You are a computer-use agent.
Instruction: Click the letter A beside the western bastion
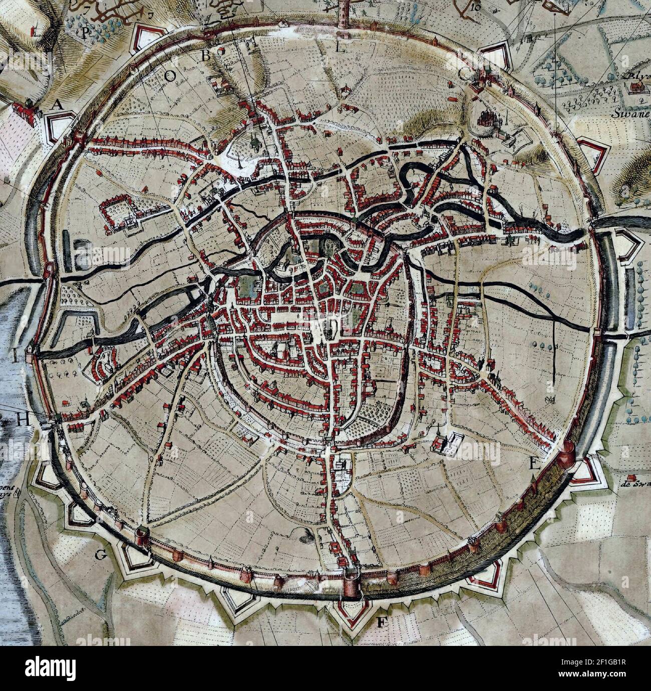(58, 105)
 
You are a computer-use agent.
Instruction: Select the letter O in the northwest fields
(170, 75)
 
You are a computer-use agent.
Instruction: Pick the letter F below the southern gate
(382, 623)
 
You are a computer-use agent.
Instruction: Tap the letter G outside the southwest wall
(101, 554)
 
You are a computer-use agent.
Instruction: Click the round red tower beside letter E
(569, 452)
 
